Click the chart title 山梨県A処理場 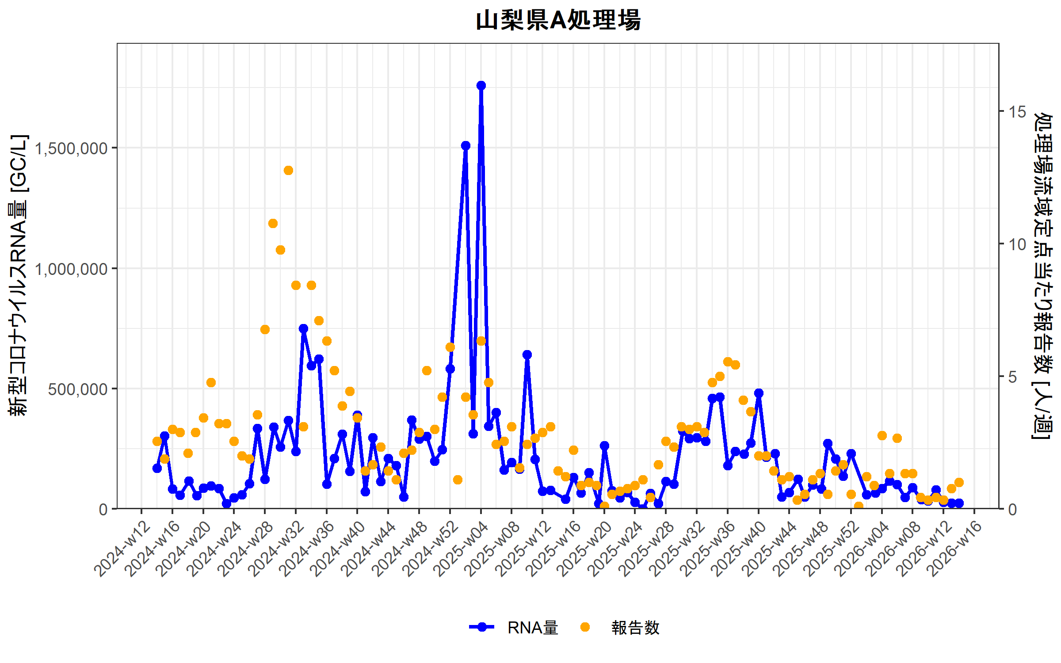pos(558,20)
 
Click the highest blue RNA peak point pos(481,85)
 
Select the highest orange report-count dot pos(288,170)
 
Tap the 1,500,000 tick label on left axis pos(71,149)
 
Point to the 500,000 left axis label pos(78,389)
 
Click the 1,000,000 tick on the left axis pos(71,269)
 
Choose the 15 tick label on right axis pos(1017,112)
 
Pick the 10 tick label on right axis pos(1017,244)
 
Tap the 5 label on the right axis pos(1012,377)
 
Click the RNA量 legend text pos(533,628)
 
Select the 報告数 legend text pos(635,628)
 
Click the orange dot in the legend pos(585,627)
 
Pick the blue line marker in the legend pos(481,627)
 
